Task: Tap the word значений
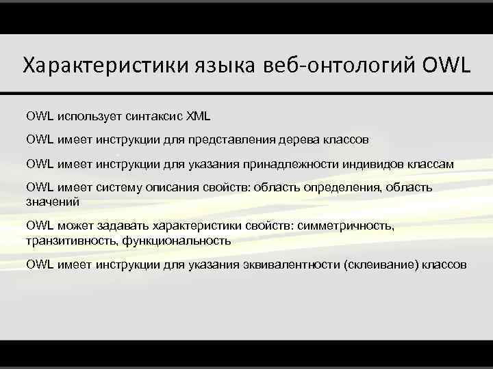point(53,202)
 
